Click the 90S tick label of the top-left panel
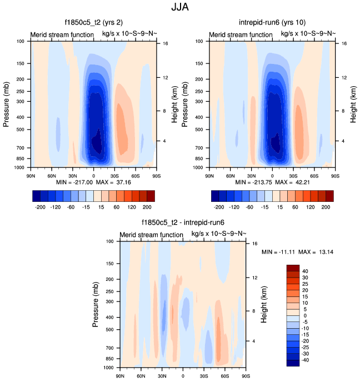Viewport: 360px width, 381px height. (157, 176)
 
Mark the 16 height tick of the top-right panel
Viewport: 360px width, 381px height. (344, 43)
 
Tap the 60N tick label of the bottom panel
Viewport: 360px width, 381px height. (141, 377)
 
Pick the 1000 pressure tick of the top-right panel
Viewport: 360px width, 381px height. (200, 167)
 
